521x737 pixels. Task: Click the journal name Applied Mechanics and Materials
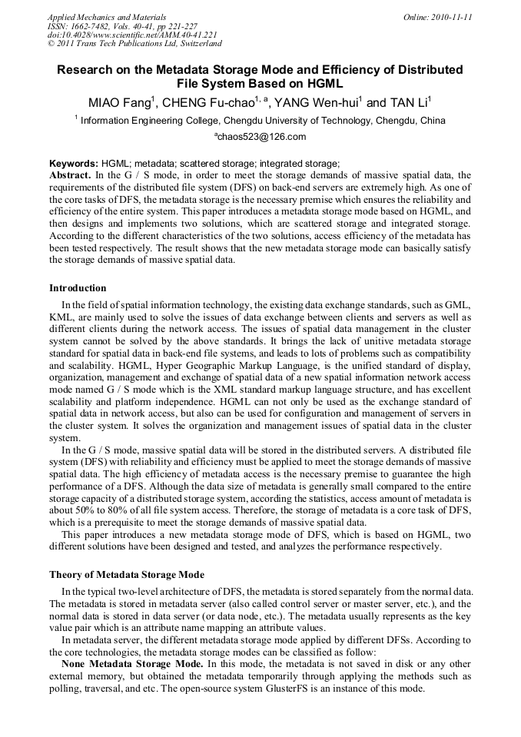click(106, 16)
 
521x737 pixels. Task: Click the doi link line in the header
click(132, 35)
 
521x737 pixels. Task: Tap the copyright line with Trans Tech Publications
click(134, 44)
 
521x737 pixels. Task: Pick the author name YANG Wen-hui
click(318, 102)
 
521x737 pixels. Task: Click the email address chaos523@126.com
click(260, 137)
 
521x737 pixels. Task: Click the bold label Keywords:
click(74, 164)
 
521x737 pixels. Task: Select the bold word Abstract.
click(70, 175)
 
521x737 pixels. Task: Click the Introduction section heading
click(78, 288)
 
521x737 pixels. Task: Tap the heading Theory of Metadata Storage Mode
click(127, 574)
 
